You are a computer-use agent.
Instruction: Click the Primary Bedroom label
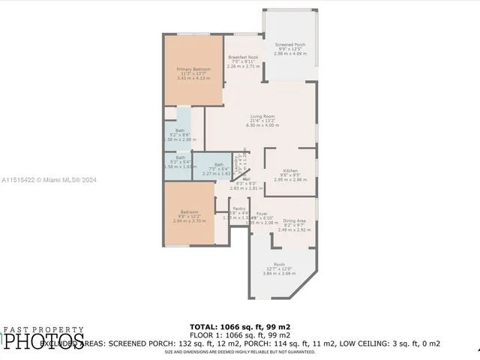point(193,69)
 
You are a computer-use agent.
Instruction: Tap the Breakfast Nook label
point(244,57)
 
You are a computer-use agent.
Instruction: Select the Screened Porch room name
point(290,45)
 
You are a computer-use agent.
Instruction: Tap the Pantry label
point(238,208)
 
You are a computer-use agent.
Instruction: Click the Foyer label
point(262,214)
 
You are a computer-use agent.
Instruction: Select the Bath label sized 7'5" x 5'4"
point(218,164)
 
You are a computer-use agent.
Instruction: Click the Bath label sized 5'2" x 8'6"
point(180,130)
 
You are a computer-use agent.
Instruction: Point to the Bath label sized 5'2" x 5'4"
point(180,157)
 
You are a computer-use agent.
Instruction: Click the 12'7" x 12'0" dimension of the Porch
point(279,269)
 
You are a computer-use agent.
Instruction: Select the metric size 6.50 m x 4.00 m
point(262,125)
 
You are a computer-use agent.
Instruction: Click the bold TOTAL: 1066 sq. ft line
point(240,327)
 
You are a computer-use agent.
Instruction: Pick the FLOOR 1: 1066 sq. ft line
point(240,335)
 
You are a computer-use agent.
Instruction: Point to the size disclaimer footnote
point(240,351)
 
